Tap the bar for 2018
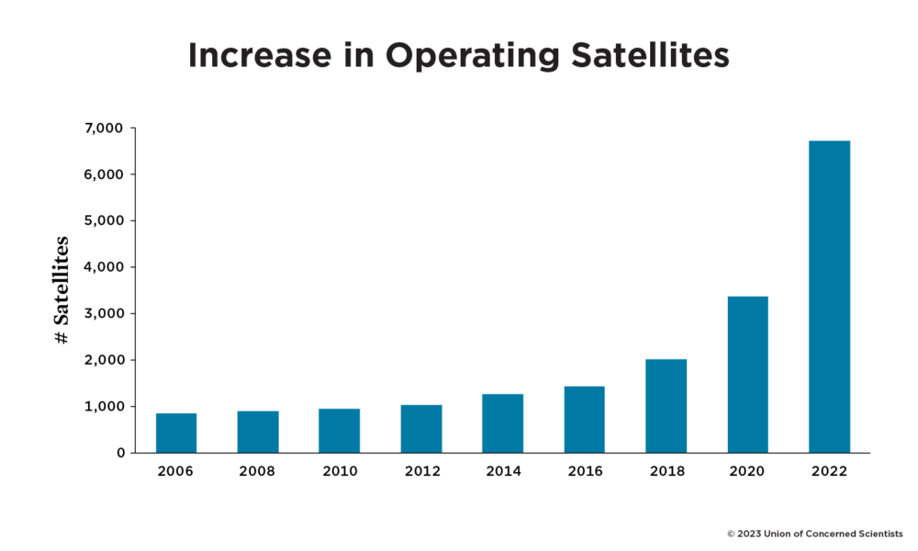(x=666, y=406)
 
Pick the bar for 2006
(x=176, y=433)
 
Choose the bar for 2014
(x=502, y=423)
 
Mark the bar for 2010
(x=339, y=431)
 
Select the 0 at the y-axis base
(x=120, y=453)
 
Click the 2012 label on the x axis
(x=420, y=471)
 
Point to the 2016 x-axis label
(x=584, y=471)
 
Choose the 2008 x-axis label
(x=257, y=471)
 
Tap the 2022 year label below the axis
(x=829, y=471)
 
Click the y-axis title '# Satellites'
(x=62, y=290)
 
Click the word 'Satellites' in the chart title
(x=641, y=56)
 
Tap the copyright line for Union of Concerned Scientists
(x=814, y=533)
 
